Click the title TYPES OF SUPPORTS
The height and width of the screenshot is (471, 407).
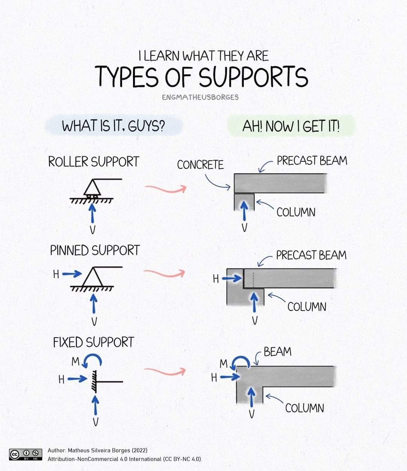(x=201, y=76)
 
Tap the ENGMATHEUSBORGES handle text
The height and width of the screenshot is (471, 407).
(x=200, y=97)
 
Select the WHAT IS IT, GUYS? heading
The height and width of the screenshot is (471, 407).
(x=113, y=126)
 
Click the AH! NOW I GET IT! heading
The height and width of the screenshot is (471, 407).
(x=291, y=126)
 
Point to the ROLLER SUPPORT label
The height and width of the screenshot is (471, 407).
(x=94, y=162)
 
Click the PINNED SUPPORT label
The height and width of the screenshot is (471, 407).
(x=95, y=250)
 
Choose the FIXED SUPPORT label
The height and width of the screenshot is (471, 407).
(x=93, y=342)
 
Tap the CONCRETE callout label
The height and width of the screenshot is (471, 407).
(x=200, y=164)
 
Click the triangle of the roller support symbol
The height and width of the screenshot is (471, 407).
(x=92, y=188)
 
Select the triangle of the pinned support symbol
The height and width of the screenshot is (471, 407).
(x=93, y=277)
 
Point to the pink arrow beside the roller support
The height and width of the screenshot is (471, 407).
(x=166, y=188)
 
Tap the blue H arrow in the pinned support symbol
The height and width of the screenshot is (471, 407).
(x=72, y=274)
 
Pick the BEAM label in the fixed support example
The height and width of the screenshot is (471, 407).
(x=277, y=352)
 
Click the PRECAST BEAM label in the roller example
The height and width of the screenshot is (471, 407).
(x=312, y=161)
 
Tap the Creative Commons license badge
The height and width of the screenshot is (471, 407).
(x=26, y=455)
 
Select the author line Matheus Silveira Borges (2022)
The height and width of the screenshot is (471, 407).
(x=98, y=450)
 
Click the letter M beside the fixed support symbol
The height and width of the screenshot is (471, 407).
(x=75, y=361)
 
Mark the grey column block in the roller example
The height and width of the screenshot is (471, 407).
(x=244, y=202)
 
